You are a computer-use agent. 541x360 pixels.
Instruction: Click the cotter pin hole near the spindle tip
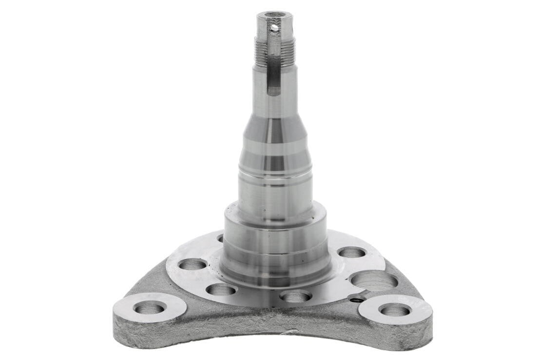(x=275, y=28)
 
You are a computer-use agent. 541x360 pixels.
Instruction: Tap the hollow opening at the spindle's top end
(x=275, y=15)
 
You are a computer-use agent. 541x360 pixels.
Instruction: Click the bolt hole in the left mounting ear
(x=150, y=307)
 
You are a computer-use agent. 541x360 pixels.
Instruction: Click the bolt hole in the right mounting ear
(x=394, y=310)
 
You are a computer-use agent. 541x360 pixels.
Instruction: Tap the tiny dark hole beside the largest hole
(x=358, y=299)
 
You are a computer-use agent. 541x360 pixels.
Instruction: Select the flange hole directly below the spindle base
(x=296, y=296)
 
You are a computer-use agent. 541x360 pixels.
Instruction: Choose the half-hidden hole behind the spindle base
(x=220, y=238)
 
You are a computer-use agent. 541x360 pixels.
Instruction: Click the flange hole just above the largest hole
(x=352, y=252)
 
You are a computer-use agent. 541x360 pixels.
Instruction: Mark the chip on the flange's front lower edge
(x=291, y=332)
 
